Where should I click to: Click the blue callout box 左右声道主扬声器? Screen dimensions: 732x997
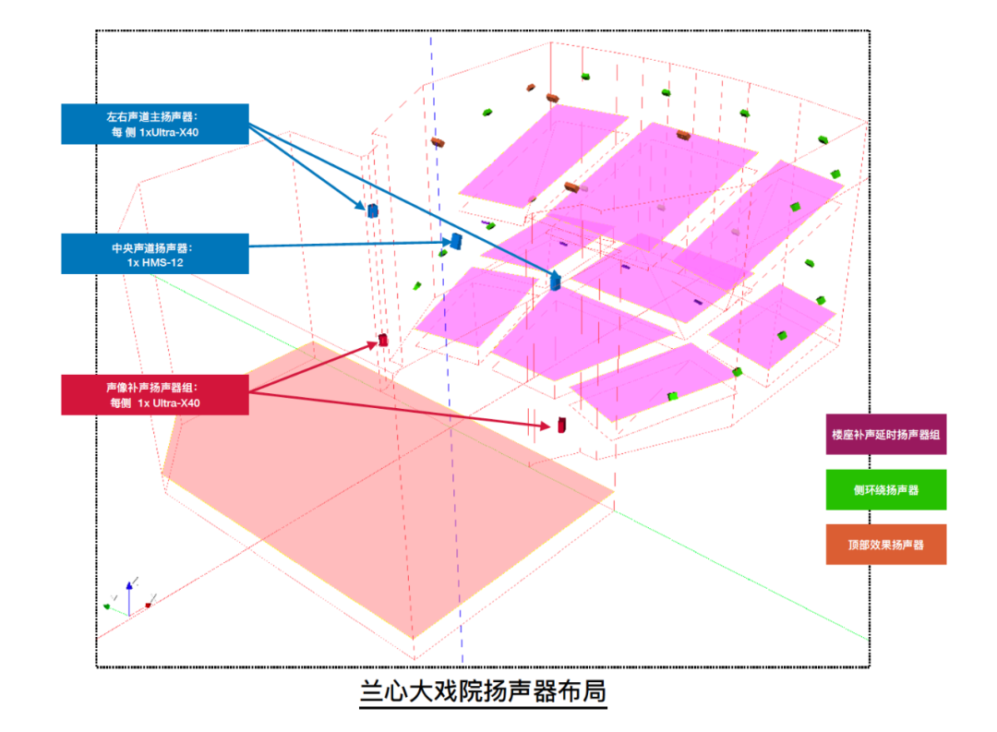point(155,124)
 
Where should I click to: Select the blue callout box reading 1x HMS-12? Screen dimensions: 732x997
point(155,254)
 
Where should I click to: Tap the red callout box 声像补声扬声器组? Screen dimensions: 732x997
point(155,394)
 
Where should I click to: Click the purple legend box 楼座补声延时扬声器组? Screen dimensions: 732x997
point(885,435)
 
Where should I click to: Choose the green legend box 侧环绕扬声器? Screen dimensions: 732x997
point(885,490)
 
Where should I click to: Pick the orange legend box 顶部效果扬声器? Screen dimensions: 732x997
point(885,545)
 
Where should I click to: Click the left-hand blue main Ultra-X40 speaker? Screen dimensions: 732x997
point(373,210)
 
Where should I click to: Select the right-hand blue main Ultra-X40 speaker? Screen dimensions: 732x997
point(556,282)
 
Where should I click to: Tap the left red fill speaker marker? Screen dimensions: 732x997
point(383,341)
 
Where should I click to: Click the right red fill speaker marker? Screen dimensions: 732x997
point(560,425)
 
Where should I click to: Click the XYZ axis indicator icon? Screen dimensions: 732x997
point(129,598)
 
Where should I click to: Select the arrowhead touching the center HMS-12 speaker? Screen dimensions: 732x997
point(444,244)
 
